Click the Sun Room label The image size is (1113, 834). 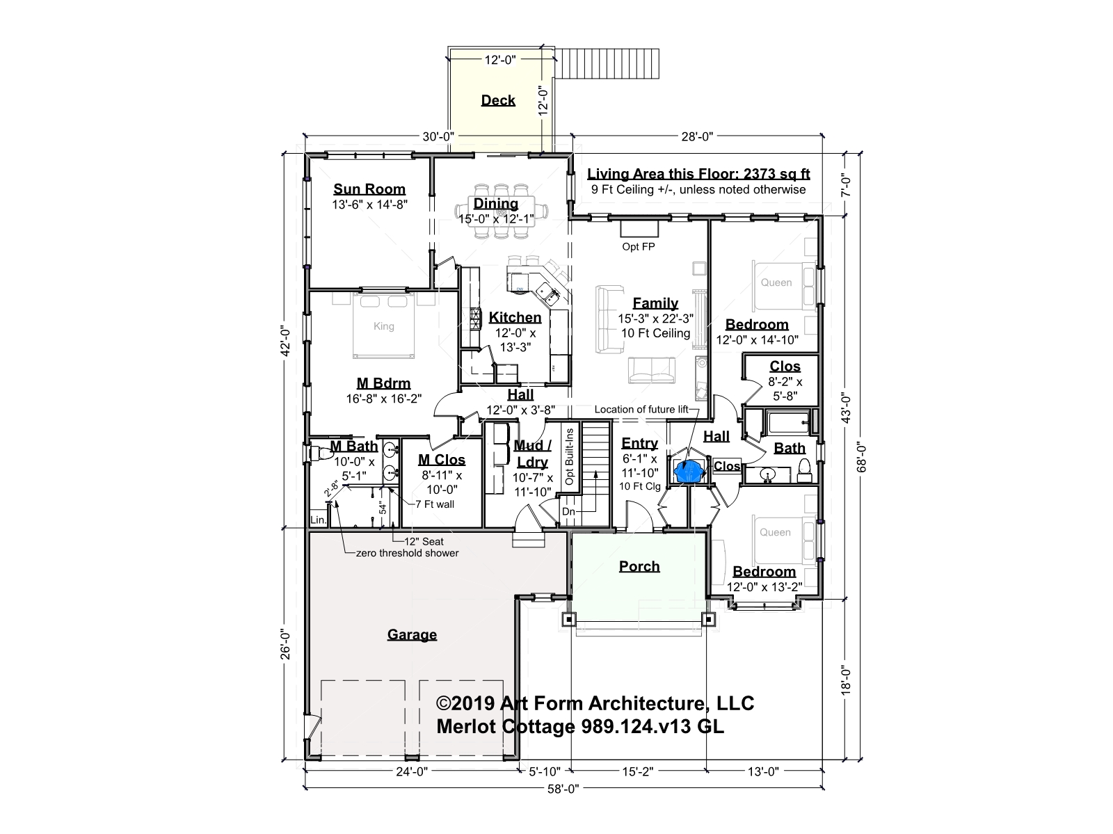pos(369,189)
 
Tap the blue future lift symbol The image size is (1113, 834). pos(689,471)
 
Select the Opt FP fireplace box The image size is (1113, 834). pos(639,229)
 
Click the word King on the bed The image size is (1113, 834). pos(383,326)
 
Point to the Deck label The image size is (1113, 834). pos(498,100)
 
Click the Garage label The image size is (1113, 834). pos(412,634)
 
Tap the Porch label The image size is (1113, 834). pos(639,566)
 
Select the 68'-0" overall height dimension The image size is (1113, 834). pos(861,457)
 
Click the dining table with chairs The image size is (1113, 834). pos(501,211)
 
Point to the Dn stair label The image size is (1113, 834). pos(568,511)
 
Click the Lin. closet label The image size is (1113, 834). pos(318,520)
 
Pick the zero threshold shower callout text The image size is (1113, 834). pos(407,553)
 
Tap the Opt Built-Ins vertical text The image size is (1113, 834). pos(569,456)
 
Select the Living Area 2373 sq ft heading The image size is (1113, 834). pos(698,174)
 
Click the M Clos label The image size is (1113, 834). pos(442,460)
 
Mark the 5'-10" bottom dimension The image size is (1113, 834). pos(545,771)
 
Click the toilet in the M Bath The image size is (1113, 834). pos(317,453)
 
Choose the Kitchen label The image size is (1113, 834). pos(515,317)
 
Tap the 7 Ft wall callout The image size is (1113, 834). pos(435,504)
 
